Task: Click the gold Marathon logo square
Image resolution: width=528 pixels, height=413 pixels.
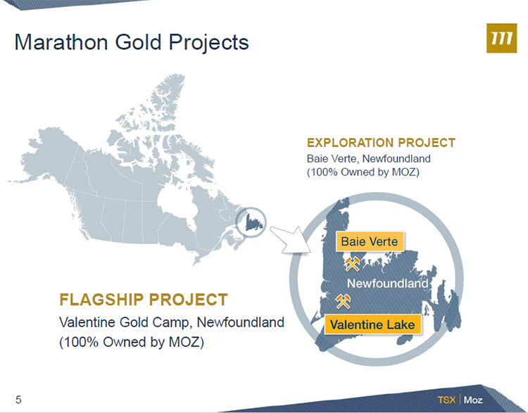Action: pos(501,38)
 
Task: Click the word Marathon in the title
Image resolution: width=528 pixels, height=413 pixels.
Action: pos(61,42)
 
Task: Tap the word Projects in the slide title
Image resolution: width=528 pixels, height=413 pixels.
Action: pos(209,43)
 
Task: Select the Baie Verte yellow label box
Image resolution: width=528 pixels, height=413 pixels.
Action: pos(370,241)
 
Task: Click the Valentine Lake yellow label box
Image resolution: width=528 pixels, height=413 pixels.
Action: pos(372,324)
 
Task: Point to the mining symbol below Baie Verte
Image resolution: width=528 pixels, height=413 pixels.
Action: pos(352,264)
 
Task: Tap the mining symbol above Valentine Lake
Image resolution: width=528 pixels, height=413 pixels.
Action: pos(343,301)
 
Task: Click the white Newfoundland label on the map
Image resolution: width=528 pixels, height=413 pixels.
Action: pos(387,284)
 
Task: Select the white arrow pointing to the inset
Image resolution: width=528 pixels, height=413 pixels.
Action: pos(290,240)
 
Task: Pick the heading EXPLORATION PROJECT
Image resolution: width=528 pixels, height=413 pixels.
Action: pos(381,143)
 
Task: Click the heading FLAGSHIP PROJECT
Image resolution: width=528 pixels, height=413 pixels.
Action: pos(144,300)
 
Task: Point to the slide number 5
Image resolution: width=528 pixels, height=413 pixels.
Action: pos(18,400)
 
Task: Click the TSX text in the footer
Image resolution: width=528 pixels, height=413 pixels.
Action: pos(446,400)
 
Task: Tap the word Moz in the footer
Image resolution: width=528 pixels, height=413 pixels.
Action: pos(473,400)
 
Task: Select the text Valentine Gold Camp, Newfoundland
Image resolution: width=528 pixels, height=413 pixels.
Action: pos(172,322)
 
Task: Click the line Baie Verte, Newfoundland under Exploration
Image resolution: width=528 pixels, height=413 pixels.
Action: pos(368,158)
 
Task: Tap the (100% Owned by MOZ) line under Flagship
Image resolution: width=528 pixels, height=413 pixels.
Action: pos(132,342)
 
